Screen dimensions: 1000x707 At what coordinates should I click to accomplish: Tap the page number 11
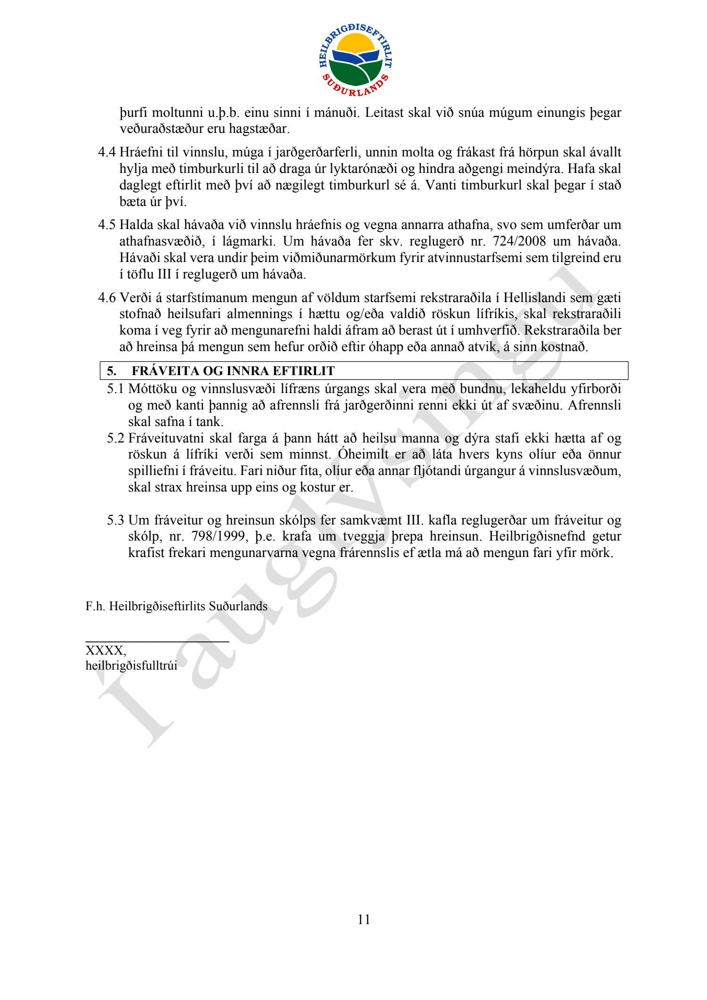364,919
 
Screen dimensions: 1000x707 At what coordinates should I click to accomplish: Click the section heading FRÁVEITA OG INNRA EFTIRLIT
233,371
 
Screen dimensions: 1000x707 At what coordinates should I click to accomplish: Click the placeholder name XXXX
105,651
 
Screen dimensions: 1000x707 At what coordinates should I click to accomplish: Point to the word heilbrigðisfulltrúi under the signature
132,666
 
